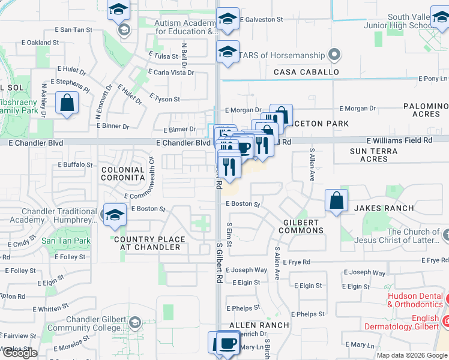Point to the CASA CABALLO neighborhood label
tap(306, 72)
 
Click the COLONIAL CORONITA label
tap(123, 174)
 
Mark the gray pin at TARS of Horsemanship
tap(335, 56)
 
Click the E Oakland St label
tap(40, 43)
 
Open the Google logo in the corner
tap(19, 353)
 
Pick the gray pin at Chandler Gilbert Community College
tap(135, 322)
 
